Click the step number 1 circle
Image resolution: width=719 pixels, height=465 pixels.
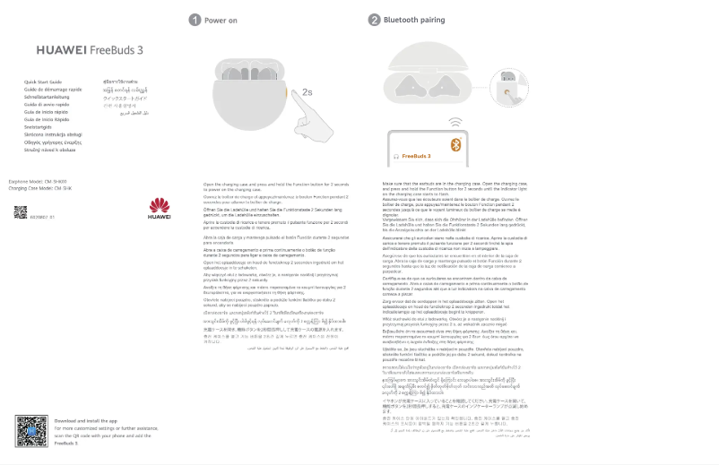(x=194, y=20)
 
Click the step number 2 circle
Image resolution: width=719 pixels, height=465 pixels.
(x=374, y=20)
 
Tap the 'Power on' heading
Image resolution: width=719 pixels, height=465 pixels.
(x=221, y=20)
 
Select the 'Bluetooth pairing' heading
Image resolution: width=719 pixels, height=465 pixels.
(x=413, y=20)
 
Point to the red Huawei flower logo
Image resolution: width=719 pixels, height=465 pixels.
(x=159, y=204)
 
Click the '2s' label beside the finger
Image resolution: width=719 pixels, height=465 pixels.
(x=308, y=91)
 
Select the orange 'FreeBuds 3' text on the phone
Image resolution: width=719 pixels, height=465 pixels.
(x=416, y=156)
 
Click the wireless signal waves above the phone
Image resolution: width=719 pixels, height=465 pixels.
(x=456, y=121)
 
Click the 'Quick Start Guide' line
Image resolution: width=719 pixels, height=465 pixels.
(x=43, y=82)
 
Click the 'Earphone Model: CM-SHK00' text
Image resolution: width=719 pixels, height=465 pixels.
(x=38, y=182)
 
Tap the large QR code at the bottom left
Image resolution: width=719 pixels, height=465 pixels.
(x=31, y=430)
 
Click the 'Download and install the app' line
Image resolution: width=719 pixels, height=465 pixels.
(x=86, y=420)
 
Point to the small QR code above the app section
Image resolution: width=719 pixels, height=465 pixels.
(x=20, y=212)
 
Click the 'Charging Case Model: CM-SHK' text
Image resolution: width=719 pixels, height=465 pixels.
(x=39, y=189)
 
